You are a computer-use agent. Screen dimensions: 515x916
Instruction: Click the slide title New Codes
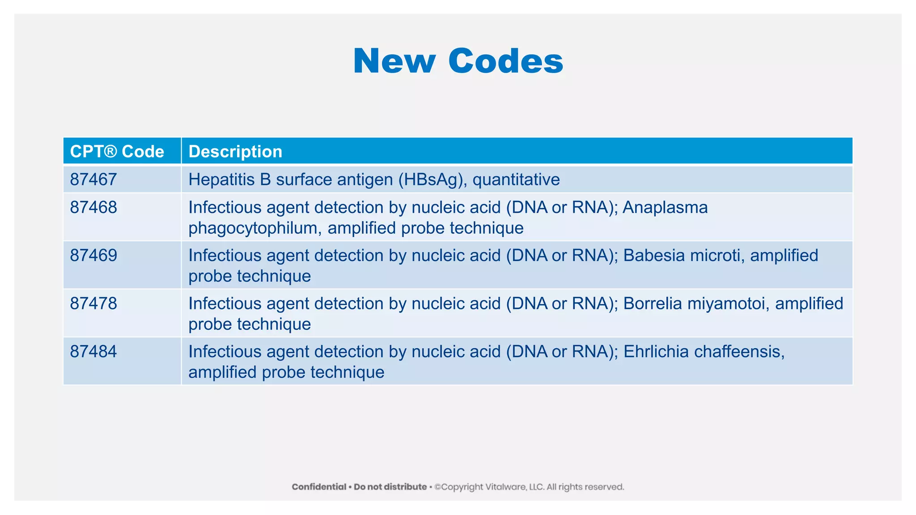458,61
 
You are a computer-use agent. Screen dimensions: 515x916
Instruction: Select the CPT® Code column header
117,152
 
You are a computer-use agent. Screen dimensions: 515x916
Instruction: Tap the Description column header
235,152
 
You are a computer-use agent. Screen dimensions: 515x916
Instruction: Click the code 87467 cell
93,180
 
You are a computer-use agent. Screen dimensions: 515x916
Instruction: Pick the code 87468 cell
93,207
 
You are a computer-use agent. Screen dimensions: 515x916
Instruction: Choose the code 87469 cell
93,255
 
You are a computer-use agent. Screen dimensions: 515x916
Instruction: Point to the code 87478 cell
93,304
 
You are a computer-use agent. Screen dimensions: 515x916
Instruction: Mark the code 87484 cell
93,351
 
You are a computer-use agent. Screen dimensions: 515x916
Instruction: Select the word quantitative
516,180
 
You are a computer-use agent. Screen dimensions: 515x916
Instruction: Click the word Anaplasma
665,207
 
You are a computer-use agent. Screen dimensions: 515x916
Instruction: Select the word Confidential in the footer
319,487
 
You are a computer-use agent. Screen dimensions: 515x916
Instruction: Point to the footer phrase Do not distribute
390,487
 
